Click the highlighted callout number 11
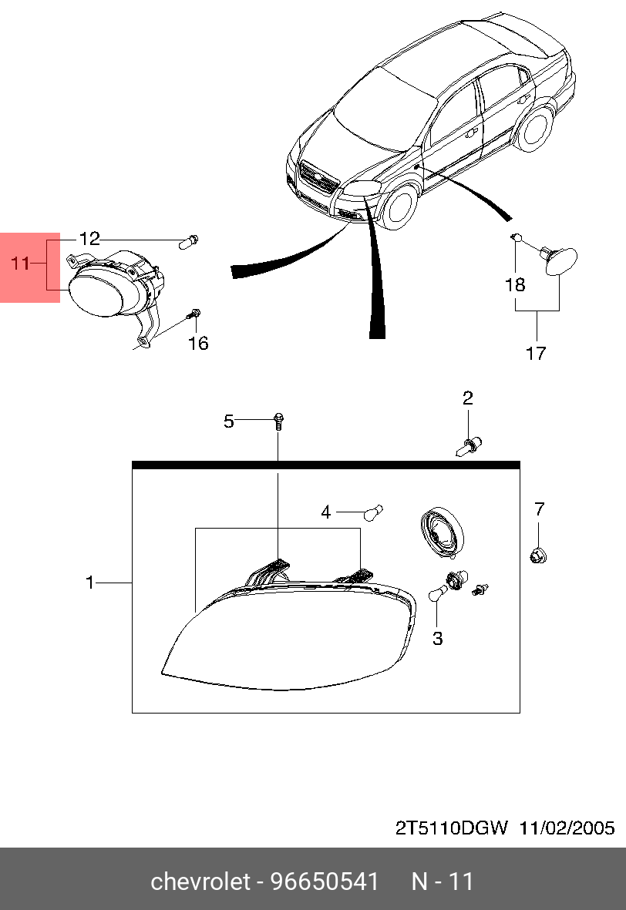pyautogui.click(x=20, y=264)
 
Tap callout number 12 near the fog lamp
pyautogui.click(x=89, y=239)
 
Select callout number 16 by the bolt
pyautogui.click(x=198, y=343)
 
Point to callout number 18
pyautogui.click(x=515, y=284)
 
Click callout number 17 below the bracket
pyautogui.click(x=536, y=353)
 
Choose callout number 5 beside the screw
pyautogui.click(x=229, y=421)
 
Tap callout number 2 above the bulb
pyautogui.click(x=467, y=398)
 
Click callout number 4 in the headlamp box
pyautogui.click(x=326, y=512)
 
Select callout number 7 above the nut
pyautogui.click(x=540, y=509)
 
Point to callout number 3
pyautogui.click(x=438, y=639)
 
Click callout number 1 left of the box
pyautogui.click(x=89, y=582)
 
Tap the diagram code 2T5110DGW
pyautogui.click(x=452, y=828)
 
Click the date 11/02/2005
pyautogui.click(x=567, y=828)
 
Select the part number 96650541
pyautogui.click(x=325, y=881)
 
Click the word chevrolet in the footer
pyautogui.click(x=201, y=881)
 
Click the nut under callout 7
pyautogui.click(x=538, y=556)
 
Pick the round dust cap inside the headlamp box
pyautogui.click(x=443, y=532)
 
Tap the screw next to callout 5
pyautogui.click(x=278, y=421)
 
